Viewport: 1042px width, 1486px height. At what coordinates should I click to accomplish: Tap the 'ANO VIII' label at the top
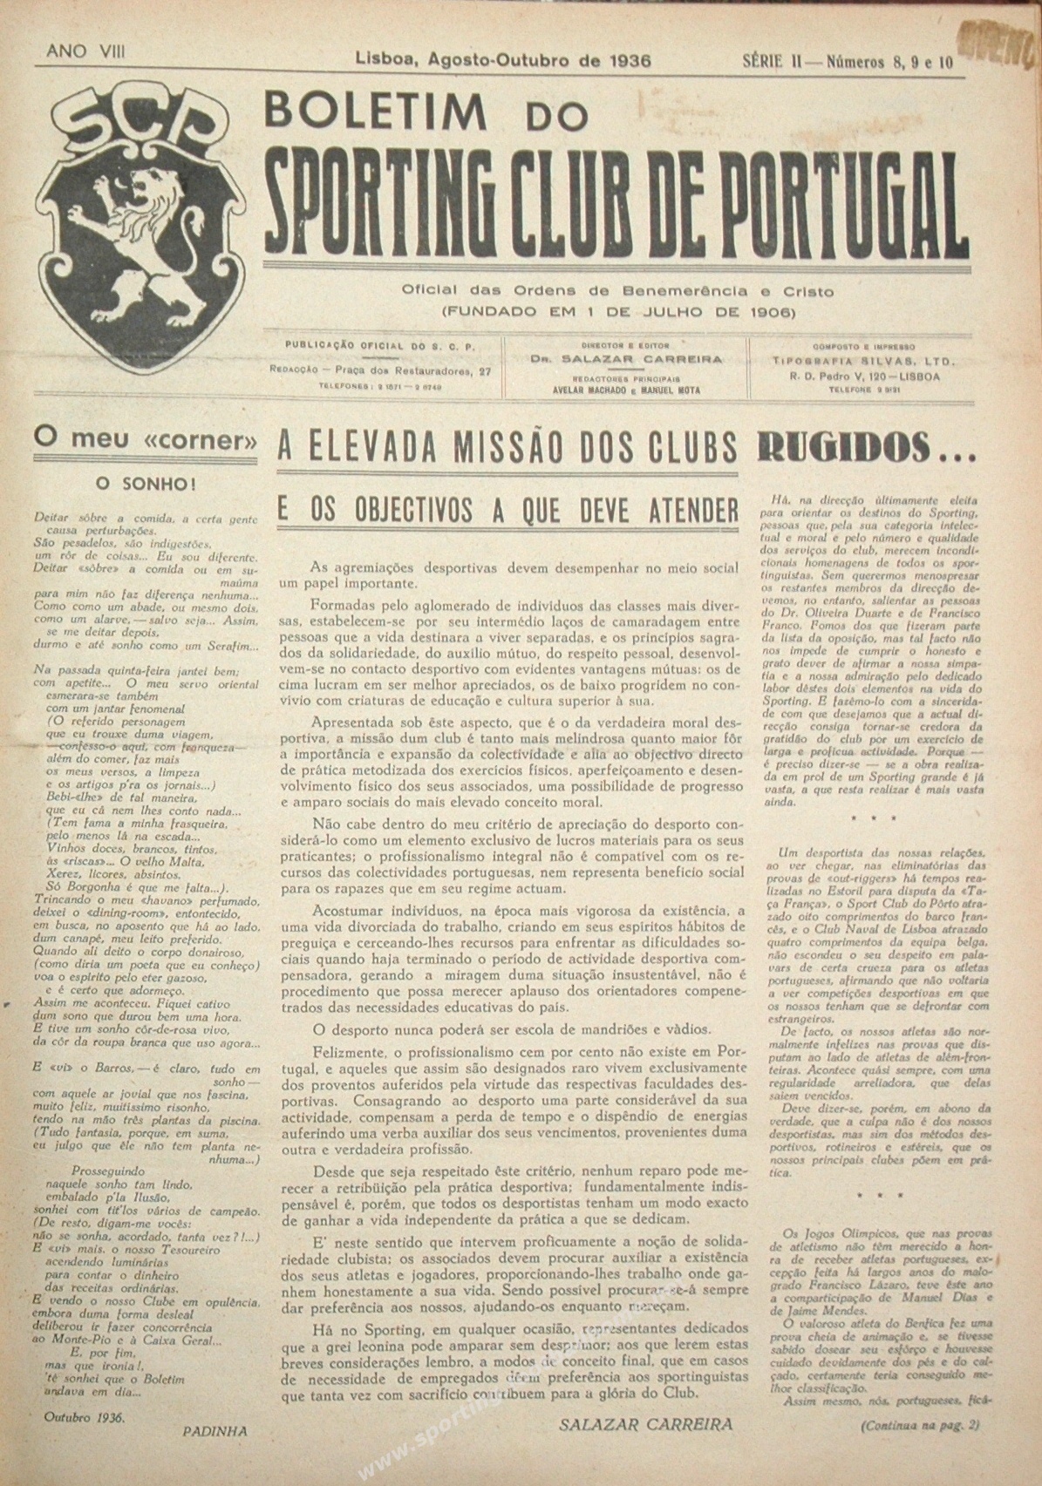85,51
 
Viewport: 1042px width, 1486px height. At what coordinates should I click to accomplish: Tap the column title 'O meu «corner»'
145,440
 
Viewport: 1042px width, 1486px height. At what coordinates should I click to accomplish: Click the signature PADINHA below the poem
215,1430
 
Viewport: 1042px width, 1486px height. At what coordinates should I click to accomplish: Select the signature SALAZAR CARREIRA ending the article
646,1424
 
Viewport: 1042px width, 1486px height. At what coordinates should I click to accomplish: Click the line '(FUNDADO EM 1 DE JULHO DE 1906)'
618,309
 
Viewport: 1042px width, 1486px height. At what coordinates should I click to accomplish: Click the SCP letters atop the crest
145,126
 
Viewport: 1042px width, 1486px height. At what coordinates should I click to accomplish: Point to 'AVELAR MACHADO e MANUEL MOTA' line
627,390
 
